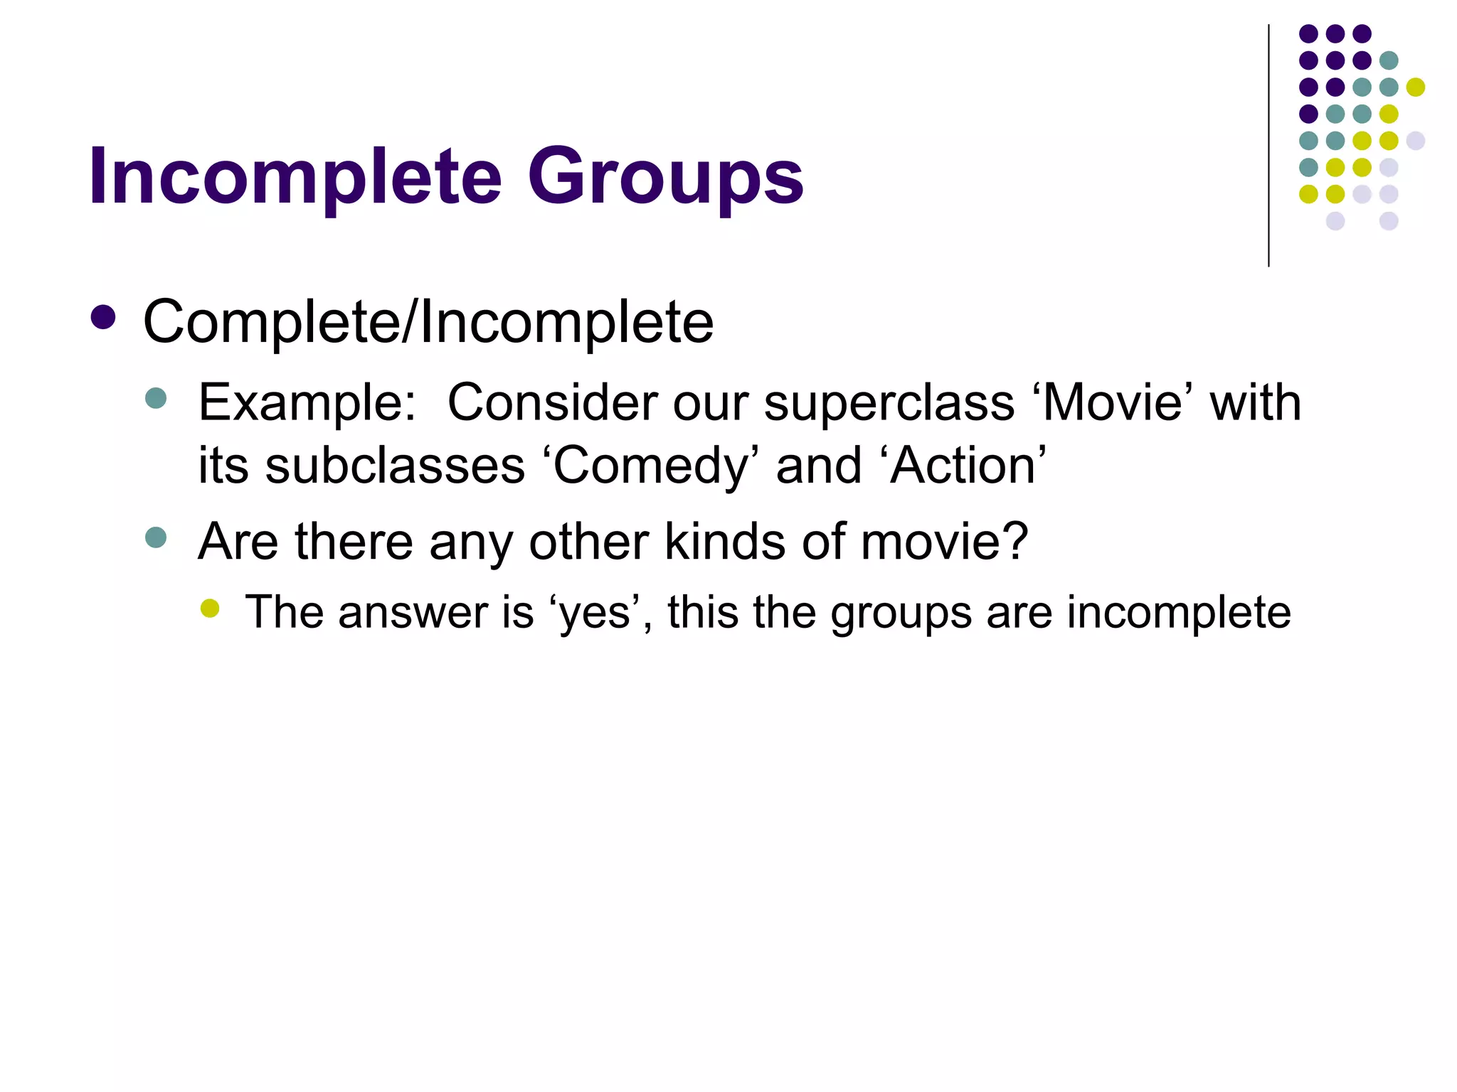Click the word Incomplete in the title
pos(295,176)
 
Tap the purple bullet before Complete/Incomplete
pos(104,318)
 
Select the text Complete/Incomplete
pos(428,323)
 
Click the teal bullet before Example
pos(155,398)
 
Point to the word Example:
pos(307,403)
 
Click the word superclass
pos(889,403)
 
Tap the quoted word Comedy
pos(652,466)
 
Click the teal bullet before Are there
pos(155,537)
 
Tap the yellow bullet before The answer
pos(210,608)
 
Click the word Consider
pos(552,403)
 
